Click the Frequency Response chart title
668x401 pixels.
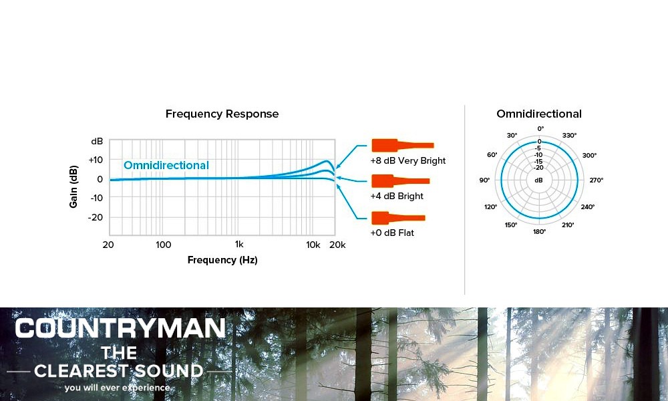(x=222, y=114)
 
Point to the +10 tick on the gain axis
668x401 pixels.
(x=96, y=160)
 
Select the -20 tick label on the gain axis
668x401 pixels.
(x=96, y=217)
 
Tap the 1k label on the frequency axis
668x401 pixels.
(x=239, y=244)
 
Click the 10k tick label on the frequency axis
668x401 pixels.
(x=313, y=245)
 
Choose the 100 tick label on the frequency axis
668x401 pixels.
(x=164, y=245)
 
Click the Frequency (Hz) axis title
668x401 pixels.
(x=222, y=260)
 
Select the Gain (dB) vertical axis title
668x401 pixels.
(x=73, y=186)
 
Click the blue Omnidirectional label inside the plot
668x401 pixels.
(x=166, y=165)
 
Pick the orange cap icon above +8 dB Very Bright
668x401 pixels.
(x=403, y=145)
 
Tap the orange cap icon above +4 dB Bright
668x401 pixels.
(x=400, y=181)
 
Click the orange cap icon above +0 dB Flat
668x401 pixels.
(x=398, y=218)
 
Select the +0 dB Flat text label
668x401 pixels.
(x=392, y=233)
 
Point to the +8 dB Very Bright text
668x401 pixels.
(x=407, y=160)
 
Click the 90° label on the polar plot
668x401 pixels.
(x=484, y=180)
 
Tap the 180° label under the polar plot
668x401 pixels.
(x=539, y=232)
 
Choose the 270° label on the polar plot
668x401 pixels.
(x=597, y=180)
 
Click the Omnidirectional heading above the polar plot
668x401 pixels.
(x=539, y=114)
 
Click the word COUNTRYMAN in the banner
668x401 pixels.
(x=120, y=329)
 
